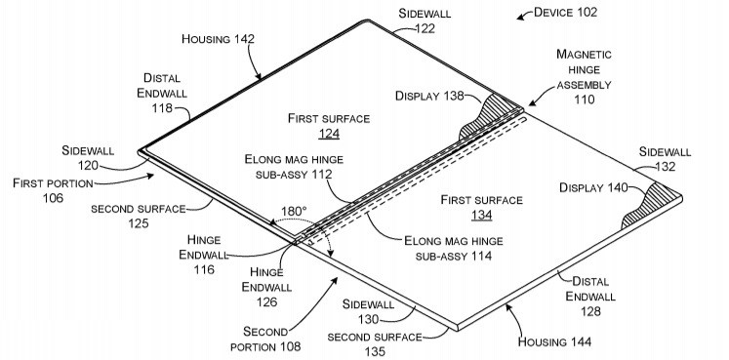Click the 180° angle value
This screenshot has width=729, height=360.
[295, 210]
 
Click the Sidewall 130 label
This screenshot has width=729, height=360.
[371, 311]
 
